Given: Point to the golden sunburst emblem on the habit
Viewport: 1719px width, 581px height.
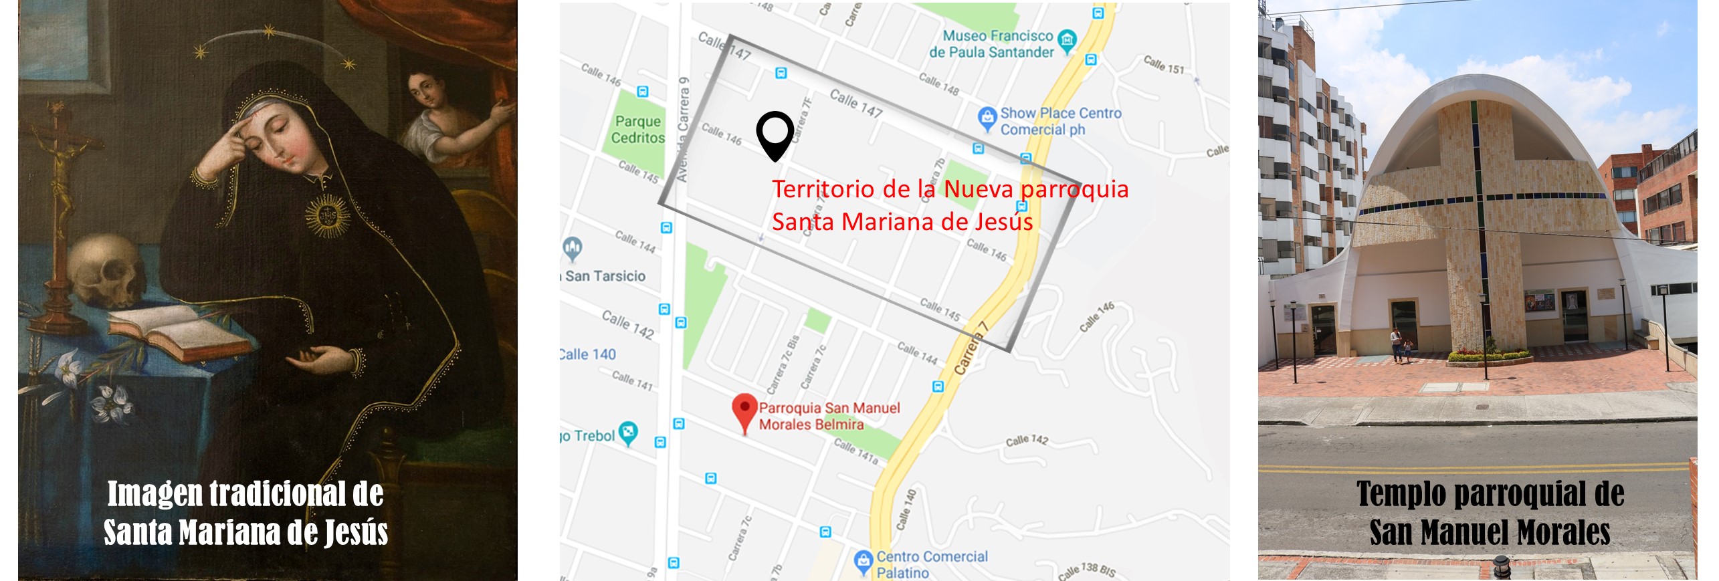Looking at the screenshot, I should click(327, 215).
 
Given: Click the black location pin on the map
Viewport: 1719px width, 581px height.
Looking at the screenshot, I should click(775, 134).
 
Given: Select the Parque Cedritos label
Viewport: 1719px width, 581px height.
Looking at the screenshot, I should click(639, 129).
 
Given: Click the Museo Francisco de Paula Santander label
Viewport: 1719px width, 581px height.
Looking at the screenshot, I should click(991, 43).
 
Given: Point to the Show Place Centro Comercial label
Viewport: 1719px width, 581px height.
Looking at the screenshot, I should click(1060, 121).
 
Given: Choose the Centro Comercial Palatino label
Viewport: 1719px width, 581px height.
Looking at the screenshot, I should click(931, 564).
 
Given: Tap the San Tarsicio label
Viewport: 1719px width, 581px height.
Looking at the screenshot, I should click(605, 275).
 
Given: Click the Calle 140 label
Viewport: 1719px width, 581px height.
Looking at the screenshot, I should click(588, 354).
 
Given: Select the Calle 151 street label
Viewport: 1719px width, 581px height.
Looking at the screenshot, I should click(1163, 64).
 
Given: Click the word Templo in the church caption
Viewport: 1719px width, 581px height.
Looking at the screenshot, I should click(1401, 494).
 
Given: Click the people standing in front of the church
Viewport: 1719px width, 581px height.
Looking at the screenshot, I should click(1401, 344).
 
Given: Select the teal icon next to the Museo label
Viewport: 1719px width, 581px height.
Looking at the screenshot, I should click(1068, 39).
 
